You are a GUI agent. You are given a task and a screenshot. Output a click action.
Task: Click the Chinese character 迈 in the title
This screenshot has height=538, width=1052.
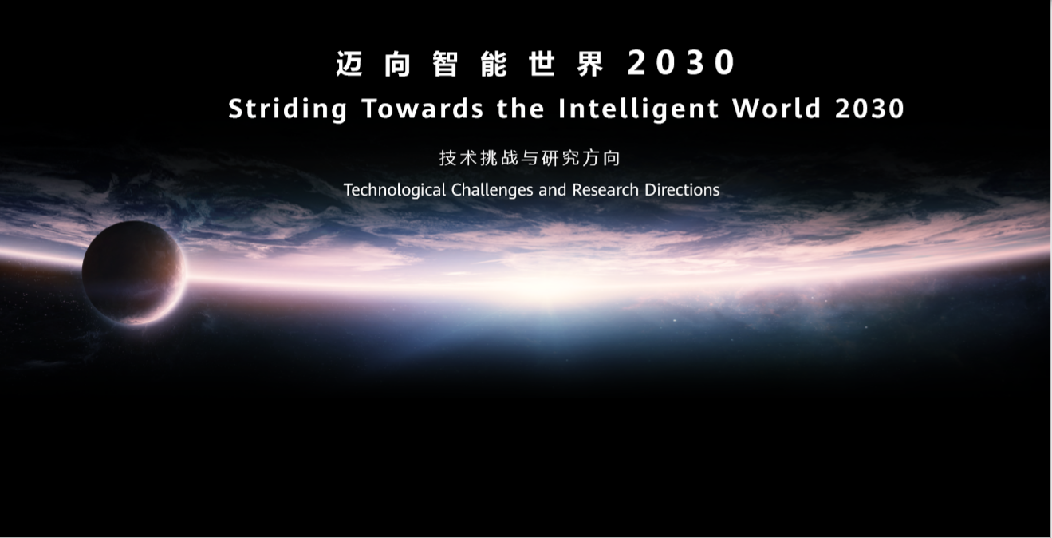point(350,63)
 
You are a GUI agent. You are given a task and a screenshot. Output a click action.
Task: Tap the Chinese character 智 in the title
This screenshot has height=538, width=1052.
point(446,63)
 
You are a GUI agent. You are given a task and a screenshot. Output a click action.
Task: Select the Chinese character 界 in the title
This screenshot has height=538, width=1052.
point(590,63)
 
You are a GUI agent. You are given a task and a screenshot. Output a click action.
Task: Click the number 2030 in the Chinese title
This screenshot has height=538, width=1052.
point(681,62)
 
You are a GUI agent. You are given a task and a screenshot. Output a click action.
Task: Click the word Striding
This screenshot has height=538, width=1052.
point(287,109)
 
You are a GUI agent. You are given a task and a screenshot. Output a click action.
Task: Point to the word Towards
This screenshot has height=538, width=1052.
point(423,109)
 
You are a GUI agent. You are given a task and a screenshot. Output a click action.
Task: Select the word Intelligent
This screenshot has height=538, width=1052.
point(639,109)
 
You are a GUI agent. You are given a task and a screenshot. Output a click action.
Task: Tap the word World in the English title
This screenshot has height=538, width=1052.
point(776,108)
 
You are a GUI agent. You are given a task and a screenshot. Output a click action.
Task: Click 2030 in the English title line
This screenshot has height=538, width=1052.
point(870,109)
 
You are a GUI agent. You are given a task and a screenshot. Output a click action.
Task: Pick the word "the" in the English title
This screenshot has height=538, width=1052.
point(521,108)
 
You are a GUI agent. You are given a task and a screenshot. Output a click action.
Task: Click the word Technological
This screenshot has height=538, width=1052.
point(395,190)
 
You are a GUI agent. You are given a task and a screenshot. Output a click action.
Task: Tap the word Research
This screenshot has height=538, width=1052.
point(605,190)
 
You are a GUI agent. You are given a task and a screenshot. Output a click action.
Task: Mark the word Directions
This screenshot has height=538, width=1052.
point(682,190)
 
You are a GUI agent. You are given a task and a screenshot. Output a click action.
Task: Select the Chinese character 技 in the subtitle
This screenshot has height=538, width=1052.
point(447,158)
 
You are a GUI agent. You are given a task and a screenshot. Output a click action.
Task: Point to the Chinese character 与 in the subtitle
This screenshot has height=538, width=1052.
point(530,158)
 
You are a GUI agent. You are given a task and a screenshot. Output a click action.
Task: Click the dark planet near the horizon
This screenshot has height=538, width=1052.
point(134,272)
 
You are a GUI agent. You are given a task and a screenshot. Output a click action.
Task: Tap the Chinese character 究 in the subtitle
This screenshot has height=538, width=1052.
point(570,158)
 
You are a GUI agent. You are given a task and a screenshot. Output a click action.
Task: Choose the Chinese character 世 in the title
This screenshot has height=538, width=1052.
point(542,63)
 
